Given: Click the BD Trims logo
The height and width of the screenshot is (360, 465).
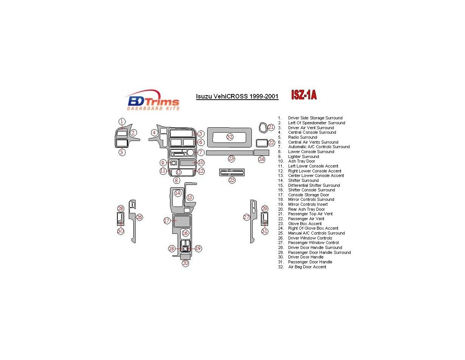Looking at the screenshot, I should [x=152, y=100].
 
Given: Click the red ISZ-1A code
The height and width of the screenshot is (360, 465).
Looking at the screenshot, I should [x=304, y=95].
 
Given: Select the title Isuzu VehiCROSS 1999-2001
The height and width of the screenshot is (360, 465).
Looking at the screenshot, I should [x=237, y=97].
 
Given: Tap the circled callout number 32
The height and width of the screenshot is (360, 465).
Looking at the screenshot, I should [x=230, y=137].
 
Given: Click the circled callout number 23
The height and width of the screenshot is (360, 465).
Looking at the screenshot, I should [x=231, y=159].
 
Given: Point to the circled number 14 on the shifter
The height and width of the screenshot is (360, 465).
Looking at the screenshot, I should [x=178, y=193].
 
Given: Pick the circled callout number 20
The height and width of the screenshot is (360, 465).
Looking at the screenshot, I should [x=185, y=263].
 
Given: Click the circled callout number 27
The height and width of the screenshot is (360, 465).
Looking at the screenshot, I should [x=247, y=217].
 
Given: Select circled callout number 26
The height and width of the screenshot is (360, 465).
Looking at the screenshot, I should [x=139, y=217].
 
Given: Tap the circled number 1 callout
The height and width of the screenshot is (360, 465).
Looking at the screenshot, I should [x=122, y=122].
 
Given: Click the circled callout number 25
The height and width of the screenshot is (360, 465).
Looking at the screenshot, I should [x=232, y=180].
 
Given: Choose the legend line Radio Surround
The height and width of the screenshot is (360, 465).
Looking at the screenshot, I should [x=303, y=137].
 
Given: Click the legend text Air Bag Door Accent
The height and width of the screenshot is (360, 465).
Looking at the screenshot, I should [x=307, y=267].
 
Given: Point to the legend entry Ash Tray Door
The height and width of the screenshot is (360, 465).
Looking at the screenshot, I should [x=301, y=161].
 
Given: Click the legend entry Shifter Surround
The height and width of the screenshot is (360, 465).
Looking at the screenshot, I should [x=303, y=180].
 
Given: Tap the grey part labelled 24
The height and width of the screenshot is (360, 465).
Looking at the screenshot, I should [x=261, y=153].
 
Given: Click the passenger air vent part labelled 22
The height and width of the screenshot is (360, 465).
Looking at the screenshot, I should [x=261, y=143].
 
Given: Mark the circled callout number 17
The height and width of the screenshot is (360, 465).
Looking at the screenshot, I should [x=167, y=221].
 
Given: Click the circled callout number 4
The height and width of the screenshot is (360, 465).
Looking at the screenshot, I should [x=154, y=133].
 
